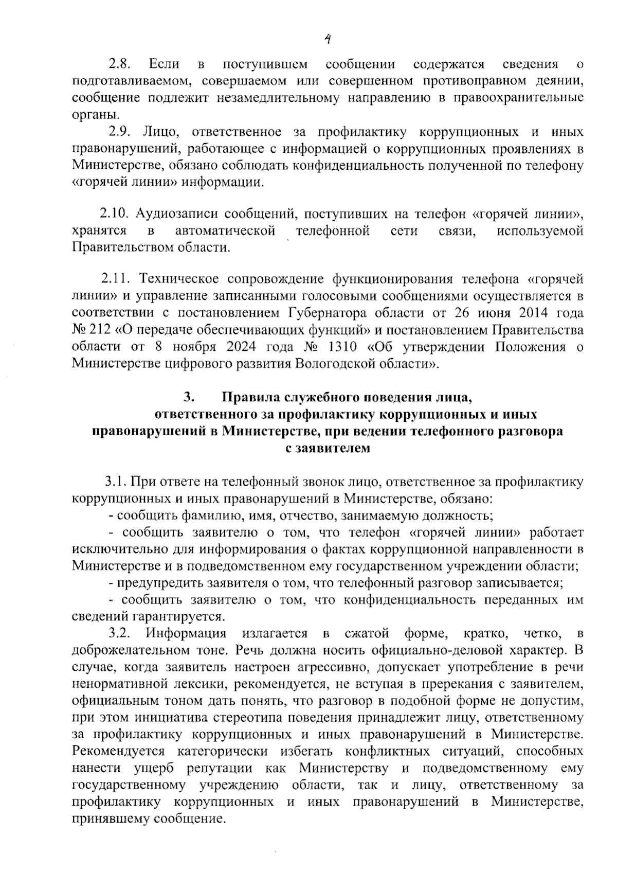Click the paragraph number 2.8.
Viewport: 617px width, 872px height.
point(120,64)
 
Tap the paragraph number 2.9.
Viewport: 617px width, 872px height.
point(120,132)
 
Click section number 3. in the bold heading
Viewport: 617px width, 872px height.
point(189,398)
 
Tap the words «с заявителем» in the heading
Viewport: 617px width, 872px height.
point(328,448)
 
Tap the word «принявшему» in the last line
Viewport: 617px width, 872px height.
point(108,818)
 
